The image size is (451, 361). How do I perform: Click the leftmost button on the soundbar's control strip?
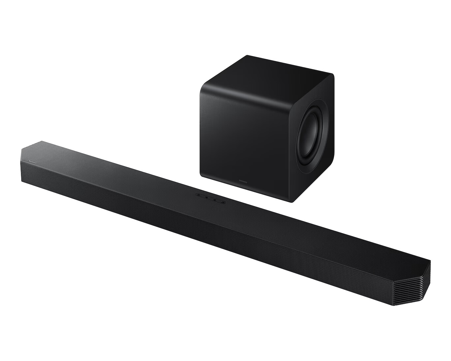pyautogui.click(x=198, y=195)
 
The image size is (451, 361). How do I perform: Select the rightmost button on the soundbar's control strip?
pyautogui.click(x=223, y=202)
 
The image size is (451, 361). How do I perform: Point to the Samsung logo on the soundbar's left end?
pyautogui.click(x=33, y=161)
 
